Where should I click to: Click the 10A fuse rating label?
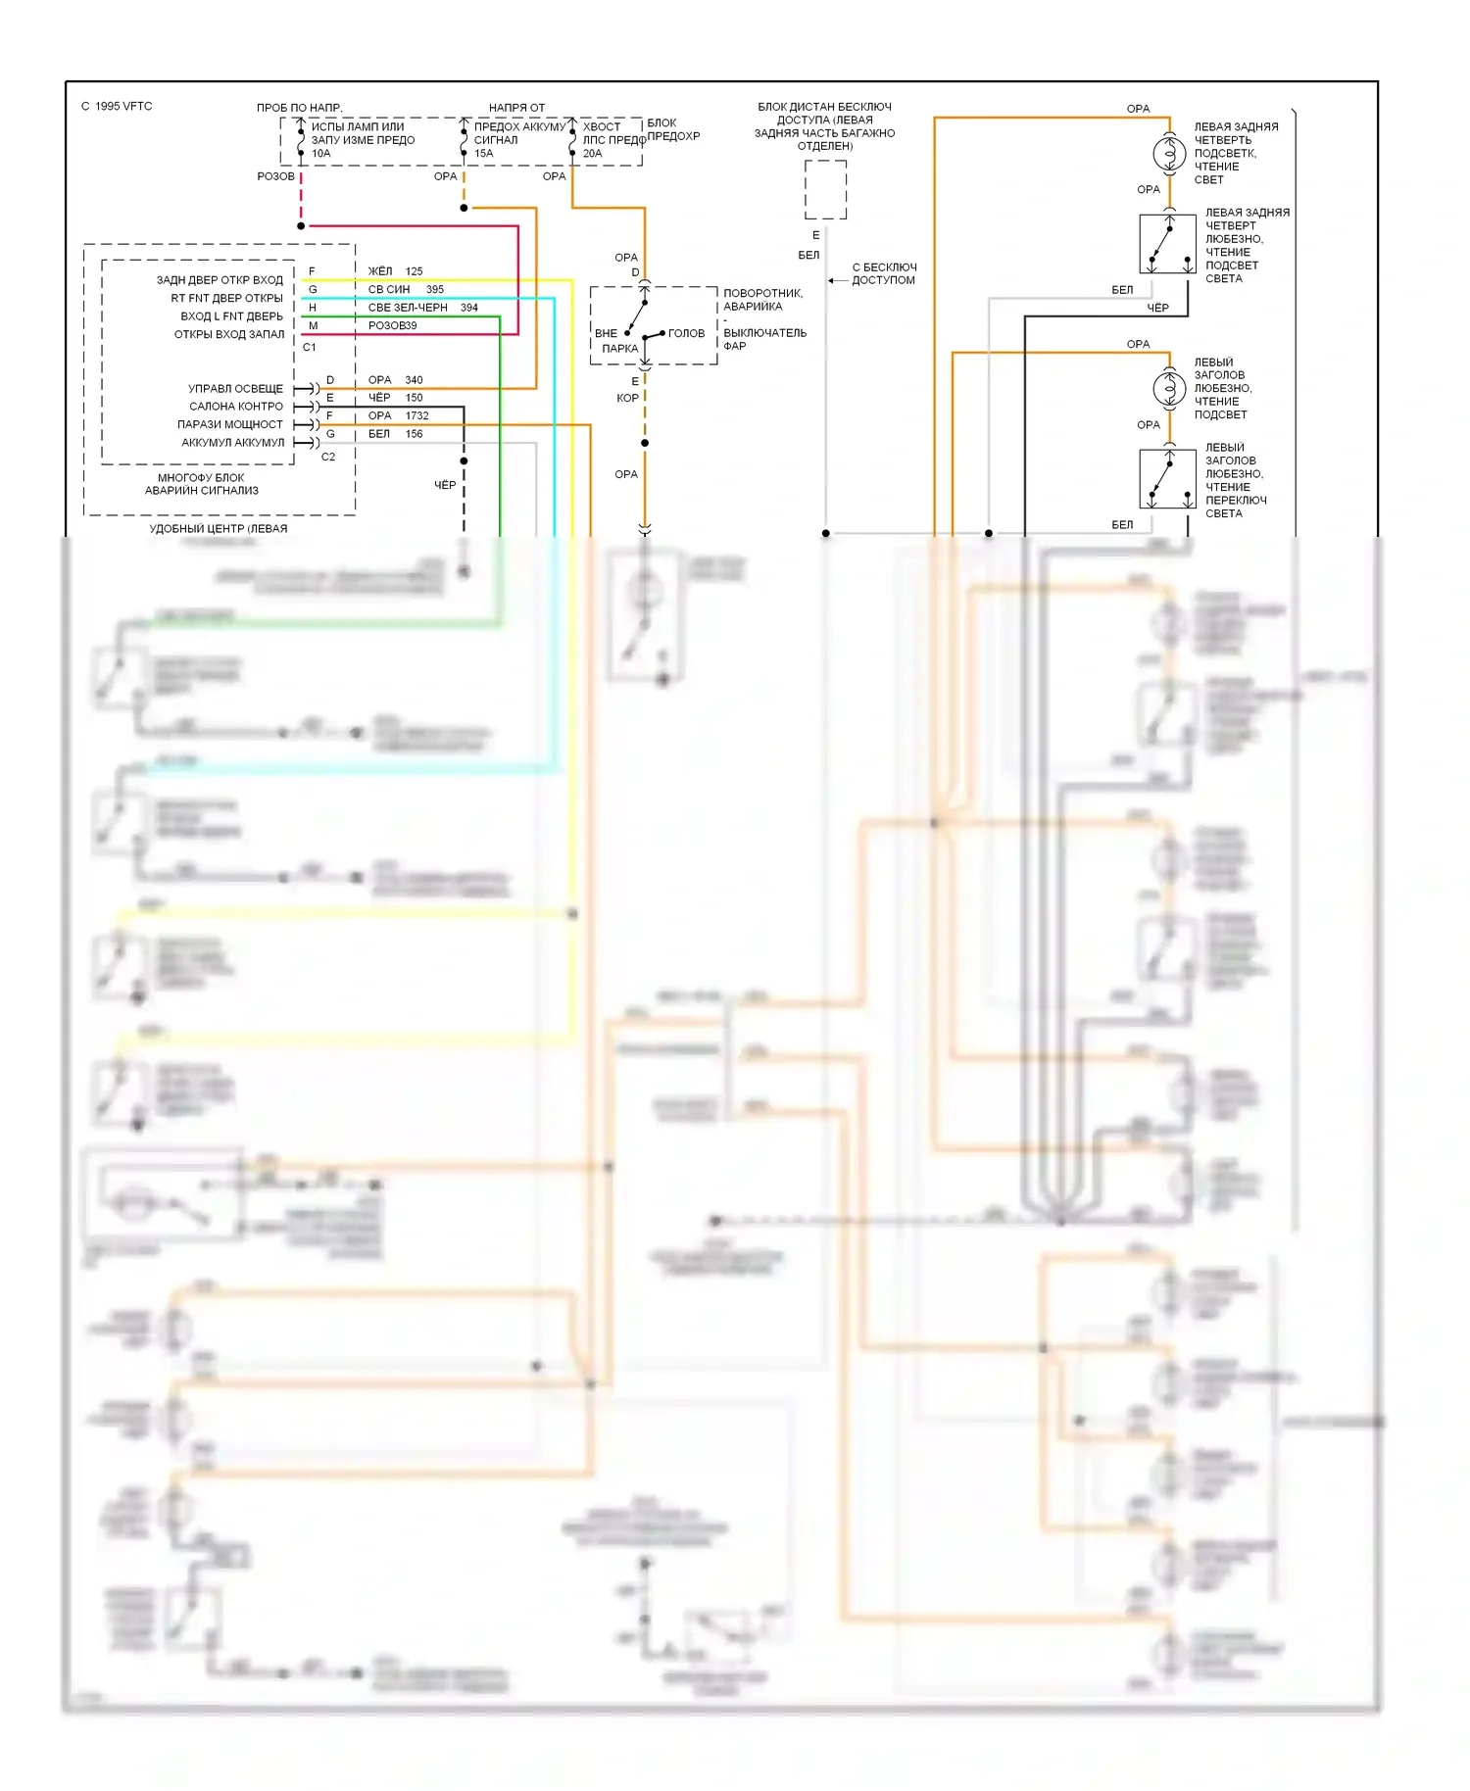pyautogui.click(x=320, y=154)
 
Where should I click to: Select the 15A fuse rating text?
pyautogui.click(x=483, y=154)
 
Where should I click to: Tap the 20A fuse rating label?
pyautogui.click(x=592, y=154)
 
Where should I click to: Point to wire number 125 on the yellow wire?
pyautogui.click(x=414, y=271)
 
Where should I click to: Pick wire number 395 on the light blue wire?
pyautogui.click(x=435, y=290)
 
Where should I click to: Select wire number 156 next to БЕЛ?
pyautogui.click(x=414, y=434)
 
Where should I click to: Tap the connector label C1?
pyautogui.click(x=310, y=348)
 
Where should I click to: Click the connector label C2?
pyautogui.click(x=328, y=458)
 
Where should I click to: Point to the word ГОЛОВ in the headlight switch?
pyautogui.click(x=686, y=334)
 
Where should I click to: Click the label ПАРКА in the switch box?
pyautogui.click(x=619, y=349)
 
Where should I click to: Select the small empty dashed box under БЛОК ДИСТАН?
pyautogui.click(x=825, y=190)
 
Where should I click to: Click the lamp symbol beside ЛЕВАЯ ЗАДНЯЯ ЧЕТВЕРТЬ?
pyautogui.click(x=1168, y=154)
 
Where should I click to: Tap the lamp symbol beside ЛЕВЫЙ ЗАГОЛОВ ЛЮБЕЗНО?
pyautogui.click(x=1168, y=389)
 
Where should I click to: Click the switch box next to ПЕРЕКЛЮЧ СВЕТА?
pyautogui.click(x=1168, y=479)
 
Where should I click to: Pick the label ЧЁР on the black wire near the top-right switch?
pyautogui.click(x=1157, y=309)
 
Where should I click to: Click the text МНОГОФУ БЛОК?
pyautogui.click(x=201, y=478)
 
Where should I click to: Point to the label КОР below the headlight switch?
pyautogui.click(x=627, y=399)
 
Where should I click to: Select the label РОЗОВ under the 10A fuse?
pyautogui.click(x=275, y=177)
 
